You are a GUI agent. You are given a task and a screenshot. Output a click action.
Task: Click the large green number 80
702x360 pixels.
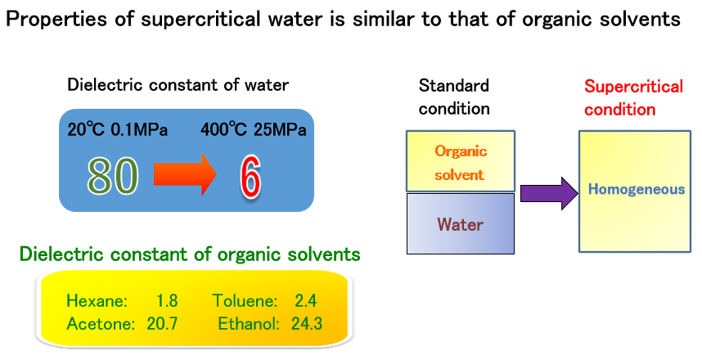(112, 177)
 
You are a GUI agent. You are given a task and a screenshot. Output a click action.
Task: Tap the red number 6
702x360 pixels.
(250, 177)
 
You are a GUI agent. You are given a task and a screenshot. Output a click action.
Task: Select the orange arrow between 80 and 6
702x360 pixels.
(186, 174)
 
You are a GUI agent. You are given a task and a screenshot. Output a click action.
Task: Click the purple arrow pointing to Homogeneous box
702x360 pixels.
(549, 193)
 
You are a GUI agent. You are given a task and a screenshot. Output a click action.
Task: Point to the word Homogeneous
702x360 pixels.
(637, 189)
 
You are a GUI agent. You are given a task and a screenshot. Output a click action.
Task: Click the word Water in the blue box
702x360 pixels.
(460, 224)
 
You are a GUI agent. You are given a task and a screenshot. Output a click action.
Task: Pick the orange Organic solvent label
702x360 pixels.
(461, 163)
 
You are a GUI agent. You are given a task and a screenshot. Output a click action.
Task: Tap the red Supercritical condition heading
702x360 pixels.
(633, 97)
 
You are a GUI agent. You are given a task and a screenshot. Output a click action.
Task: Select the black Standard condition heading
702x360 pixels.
(454, 97)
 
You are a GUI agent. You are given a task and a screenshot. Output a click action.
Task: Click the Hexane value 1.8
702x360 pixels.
(167, 300)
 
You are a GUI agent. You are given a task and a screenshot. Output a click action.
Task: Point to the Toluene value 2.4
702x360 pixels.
(306, 300)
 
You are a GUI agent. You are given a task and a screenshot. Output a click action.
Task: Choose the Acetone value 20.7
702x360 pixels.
(162, 323)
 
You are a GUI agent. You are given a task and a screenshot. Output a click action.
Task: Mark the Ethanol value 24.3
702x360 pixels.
(307, 323)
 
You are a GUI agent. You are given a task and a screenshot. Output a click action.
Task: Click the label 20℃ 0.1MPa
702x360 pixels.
(118, 129)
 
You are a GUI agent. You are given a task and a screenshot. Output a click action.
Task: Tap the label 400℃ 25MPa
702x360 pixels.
(254, 129)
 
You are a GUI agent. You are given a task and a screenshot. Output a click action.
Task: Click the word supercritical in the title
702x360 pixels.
(200, 20)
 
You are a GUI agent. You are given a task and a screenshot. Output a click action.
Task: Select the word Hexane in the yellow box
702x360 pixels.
(97, 300)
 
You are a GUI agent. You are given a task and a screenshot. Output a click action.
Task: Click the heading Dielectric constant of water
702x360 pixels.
(178, 84)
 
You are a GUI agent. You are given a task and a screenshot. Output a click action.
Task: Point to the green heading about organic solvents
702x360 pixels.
(190, 254)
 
